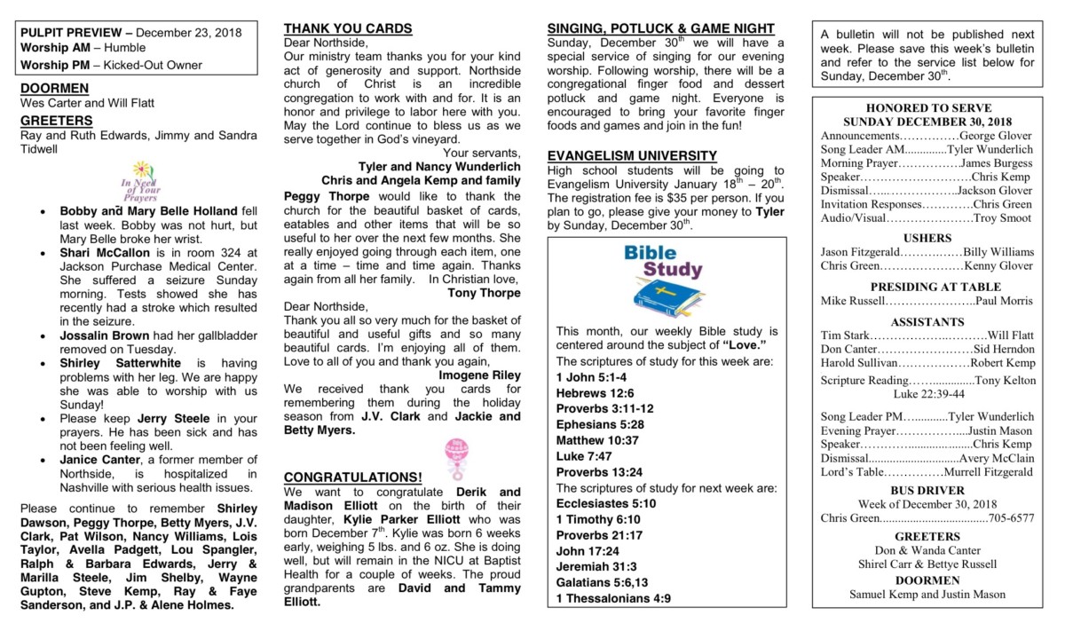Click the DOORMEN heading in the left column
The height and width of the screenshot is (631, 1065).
[54, 89]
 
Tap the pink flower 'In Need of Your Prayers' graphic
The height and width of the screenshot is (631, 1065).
[140, 181]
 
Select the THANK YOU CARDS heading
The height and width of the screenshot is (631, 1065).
[348, 28]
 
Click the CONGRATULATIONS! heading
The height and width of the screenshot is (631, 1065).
[352, 477]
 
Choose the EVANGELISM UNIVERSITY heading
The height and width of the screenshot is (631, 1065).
[632, 156]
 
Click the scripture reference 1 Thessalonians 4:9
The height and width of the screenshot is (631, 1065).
[613, 598]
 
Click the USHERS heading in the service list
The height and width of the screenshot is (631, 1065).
[927, 239]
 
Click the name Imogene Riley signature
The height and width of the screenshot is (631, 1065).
[480, 375]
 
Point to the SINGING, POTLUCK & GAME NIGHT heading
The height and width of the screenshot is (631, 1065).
[660, 28]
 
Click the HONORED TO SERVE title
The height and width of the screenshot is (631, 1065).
[927, 108]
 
